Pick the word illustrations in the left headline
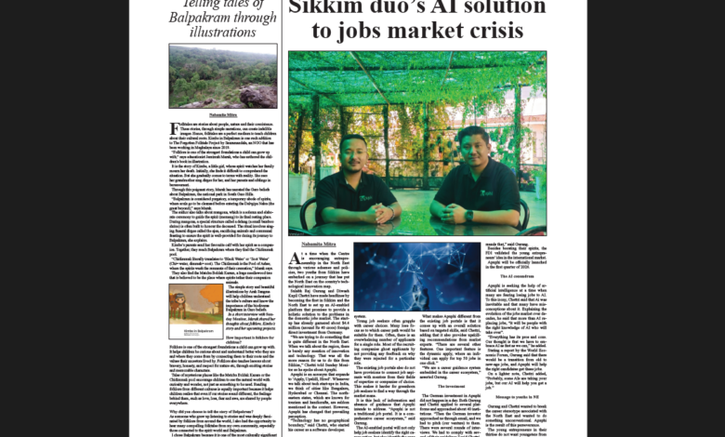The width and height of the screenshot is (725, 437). [222, 32]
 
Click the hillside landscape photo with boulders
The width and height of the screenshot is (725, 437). [222, 75]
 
